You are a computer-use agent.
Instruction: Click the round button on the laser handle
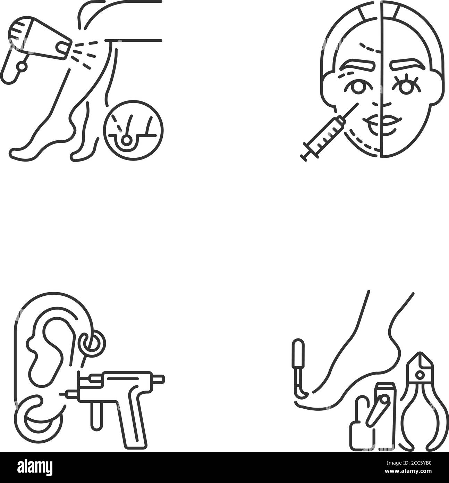point(22,66)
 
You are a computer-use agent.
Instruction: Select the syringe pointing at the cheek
point(329,132)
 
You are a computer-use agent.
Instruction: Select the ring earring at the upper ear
point(91,343)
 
